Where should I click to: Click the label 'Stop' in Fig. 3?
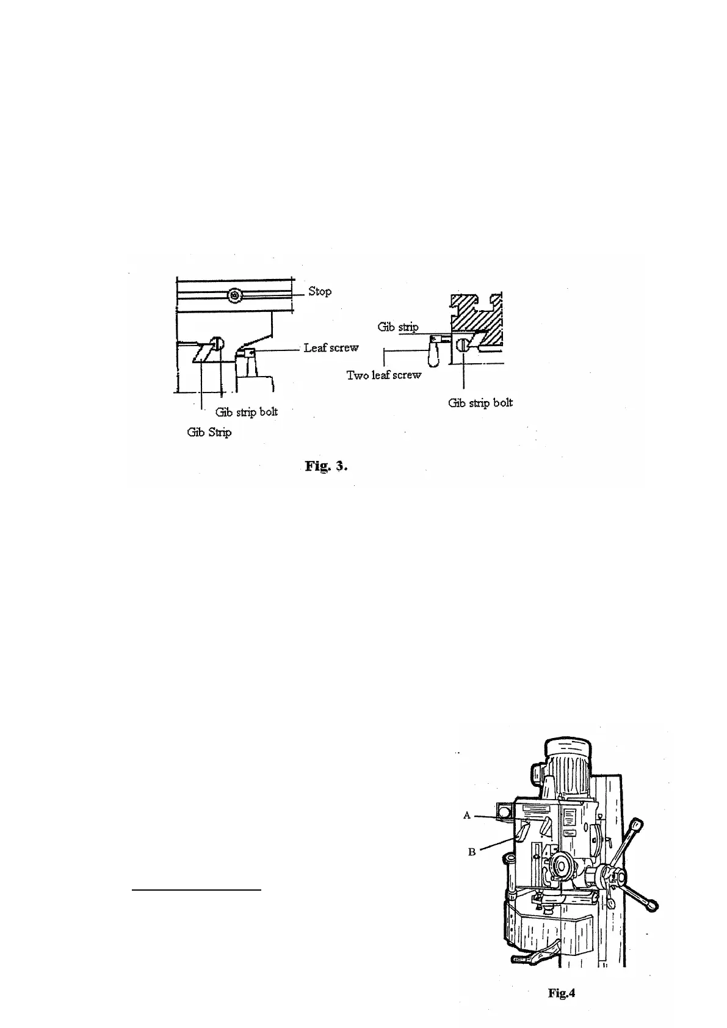319,291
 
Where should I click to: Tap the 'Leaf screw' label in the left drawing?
331,347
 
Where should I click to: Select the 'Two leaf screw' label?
384,375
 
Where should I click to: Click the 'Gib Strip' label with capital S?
209,432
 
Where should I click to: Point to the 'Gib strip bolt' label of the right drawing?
480,402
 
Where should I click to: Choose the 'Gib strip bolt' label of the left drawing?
247,411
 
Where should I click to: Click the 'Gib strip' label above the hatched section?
398,327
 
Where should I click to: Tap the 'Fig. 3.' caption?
327,466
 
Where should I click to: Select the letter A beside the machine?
467,815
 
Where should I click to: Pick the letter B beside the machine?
472,852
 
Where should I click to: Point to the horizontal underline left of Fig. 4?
197,891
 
